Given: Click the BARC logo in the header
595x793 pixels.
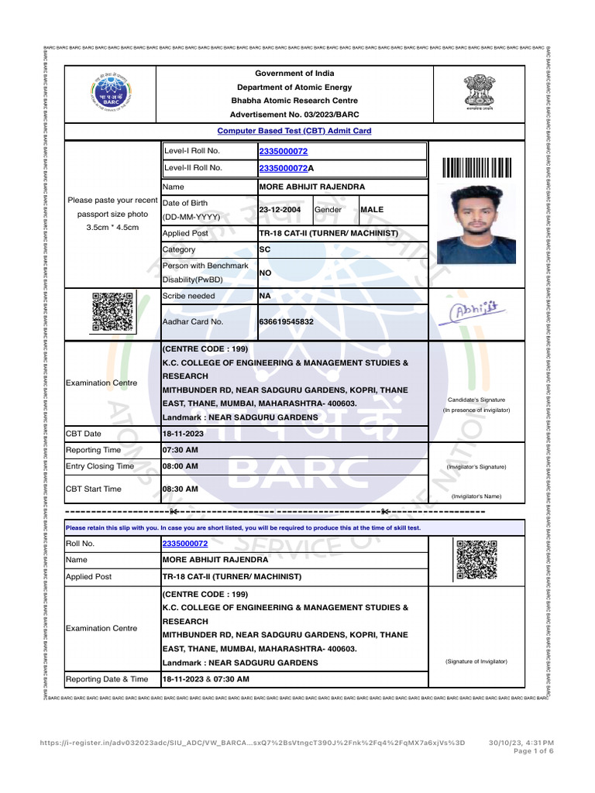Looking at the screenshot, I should coord(112,94).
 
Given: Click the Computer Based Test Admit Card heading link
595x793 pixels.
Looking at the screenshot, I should coord(294,131).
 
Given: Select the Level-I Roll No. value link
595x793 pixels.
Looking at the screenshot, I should coord(283,151).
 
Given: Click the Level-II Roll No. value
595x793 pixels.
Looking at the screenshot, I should coord(287,168).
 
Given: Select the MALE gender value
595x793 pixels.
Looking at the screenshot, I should coord(372,210).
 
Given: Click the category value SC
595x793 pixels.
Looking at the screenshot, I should coord(264,250).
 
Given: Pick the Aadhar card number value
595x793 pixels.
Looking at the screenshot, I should coord(286,321).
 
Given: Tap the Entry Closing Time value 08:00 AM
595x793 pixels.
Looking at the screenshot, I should coord(180,466).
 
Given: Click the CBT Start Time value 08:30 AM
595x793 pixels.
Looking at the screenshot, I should coord(180,489).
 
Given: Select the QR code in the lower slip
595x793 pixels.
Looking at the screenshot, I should coord(476,560).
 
